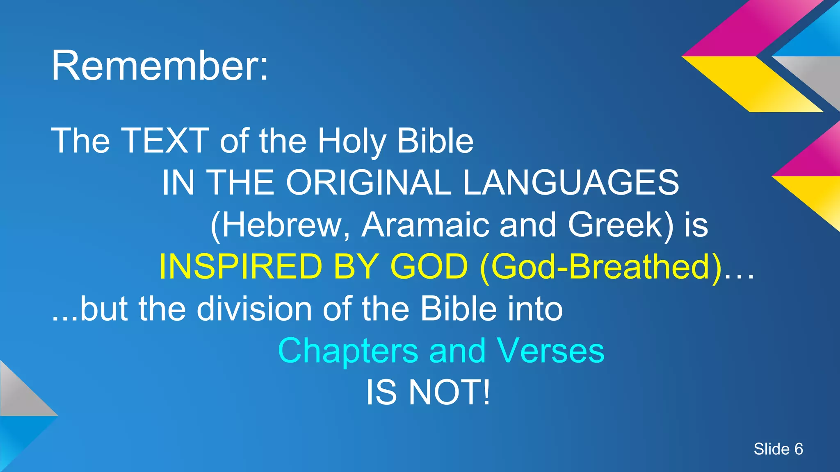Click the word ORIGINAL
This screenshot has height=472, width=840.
point(368,183)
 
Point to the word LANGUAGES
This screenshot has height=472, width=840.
point(571,183)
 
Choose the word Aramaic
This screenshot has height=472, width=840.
point(425,225)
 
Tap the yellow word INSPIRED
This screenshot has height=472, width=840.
point(240,267)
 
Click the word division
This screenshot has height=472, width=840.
point(254,309)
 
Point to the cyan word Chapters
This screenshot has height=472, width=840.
point(348,351)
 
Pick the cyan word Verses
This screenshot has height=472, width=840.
point(550,351)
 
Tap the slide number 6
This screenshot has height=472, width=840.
point(798,449)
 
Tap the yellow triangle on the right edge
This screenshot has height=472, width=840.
point(816,197)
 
